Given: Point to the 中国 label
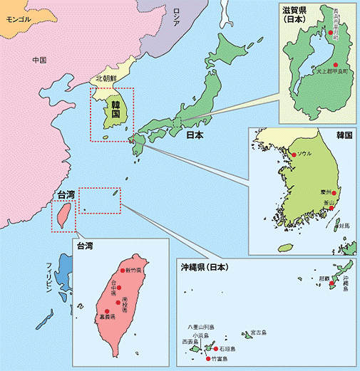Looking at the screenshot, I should [x=39, y=61].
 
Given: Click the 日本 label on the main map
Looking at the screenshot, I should [x=195, y=135].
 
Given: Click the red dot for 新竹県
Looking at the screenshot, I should [x=125, y=271].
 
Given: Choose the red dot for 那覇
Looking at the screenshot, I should [x=329, y=283].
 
